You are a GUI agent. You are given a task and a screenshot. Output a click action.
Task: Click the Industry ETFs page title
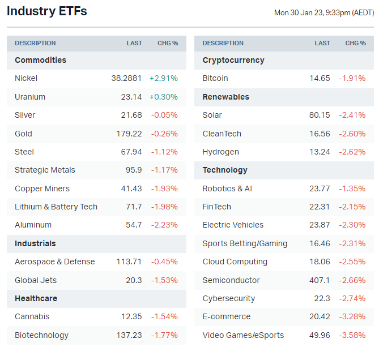tap(47, 11)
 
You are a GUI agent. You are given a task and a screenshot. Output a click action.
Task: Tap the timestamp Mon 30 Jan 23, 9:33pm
tap(323, 12)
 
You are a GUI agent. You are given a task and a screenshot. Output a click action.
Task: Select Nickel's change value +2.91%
tap(164, 78)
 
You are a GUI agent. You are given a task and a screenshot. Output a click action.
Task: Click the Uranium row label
tap(30, 97)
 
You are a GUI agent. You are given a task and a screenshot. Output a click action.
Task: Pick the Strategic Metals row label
tap(45, 170)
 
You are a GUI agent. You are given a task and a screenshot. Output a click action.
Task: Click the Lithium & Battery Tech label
tap(56, 207)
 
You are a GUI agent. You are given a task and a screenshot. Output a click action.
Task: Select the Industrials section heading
tap(35, 243)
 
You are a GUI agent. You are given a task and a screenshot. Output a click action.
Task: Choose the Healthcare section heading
tap(36, 298)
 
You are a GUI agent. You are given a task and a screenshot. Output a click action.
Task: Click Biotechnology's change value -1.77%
tap(164, 335)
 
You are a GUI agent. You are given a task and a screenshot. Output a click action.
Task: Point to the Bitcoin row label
tap(215, 78)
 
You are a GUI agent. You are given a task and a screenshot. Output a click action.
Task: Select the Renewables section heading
tap(226, 97)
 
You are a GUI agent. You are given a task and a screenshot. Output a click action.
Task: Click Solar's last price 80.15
tap(320, 115)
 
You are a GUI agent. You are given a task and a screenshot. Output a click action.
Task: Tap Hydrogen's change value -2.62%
tap(352, 152)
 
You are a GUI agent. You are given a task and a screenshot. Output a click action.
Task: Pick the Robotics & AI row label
tap(227, 188)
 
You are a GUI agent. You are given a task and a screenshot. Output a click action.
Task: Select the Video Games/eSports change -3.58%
tap(352, 335)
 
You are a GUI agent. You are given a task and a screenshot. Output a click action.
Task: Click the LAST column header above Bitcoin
tap(322, 43)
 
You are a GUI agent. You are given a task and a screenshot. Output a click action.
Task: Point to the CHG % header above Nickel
tap(168, 43)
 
